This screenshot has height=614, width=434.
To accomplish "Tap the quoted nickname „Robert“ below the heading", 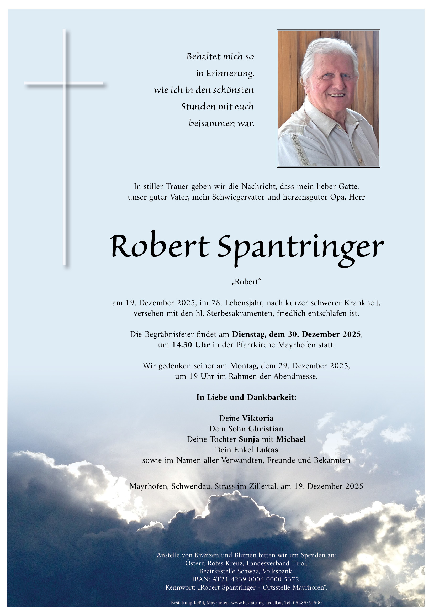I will point(246,282).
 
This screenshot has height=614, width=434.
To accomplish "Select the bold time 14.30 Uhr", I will point(191,345).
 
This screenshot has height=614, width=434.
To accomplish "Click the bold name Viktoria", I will point(258,418).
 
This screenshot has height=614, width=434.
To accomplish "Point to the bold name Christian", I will point(266,429).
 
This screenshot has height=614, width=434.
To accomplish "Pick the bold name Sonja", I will point(249,439).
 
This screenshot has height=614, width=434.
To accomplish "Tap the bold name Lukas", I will point(267,450).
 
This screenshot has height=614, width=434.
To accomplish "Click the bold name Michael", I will point(291,439).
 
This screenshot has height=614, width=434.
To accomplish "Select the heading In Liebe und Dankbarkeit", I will point(246,397).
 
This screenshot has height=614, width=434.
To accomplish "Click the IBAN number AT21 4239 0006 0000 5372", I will point(256,579).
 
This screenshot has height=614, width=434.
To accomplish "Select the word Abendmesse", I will point(295,376).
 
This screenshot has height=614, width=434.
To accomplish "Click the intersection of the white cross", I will point(64,83).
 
